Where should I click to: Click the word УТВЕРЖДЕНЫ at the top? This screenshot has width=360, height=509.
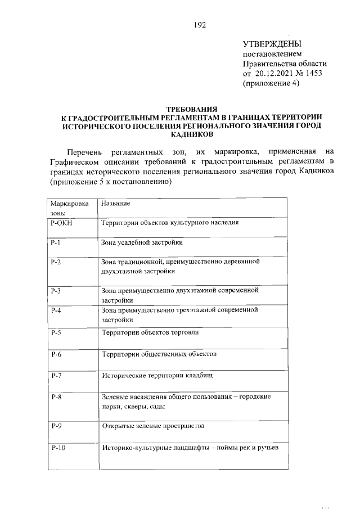click(x=272, y=44)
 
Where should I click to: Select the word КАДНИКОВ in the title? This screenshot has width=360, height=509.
click(x=192, y=135)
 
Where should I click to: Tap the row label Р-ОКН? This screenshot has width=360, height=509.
click(x=62, y=222)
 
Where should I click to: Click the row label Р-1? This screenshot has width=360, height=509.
click(x=56, y=242)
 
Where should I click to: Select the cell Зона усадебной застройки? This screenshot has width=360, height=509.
click(x=142, y=242)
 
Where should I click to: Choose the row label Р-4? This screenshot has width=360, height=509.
click(x=56, y=310)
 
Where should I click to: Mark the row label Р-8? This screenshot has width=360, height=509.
click(x=56, y=397)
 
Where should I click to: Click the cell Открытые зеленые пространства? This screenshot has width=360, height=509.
click(x=152, y=426)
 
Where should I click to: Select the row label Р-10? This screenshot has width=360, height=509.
click(x=58, y=448)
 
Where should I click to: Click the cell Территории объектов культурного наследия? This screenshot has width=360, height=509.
click(x=170, y=222)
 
